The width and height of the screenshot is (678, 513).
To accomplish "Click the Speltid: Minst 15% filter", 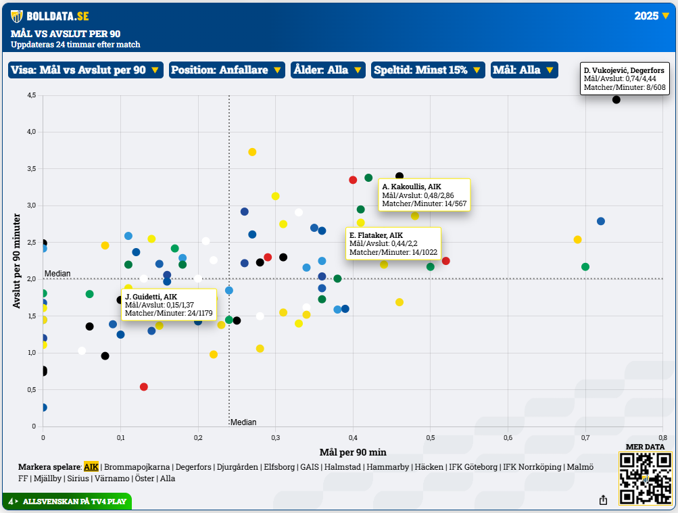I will click(x=427, y=70).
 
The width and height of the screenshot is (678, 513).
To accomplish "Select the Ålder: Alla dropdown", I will click(x=328, y=70).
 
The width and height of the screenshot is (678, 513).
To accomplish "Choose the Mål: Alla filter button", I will click(x=524, y=70).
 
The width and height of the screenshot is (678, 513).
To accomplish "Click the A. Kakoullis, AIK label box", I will click(x=424, y=195).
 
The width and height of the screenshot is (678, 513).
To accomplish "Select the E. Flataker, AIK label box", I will click(x=393, y=244).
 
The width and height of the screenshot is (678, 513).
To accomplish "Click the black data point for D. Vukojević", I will click(x=616, y=100).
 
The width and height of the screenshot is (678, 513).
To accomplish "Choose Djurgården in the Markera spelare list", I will click(x=239, y=467).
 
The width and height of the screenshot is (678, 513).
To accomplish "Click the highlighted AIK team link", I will click(x=91, y=467).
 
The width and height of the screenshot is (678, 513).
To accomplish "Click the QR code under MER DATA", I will click(x=646, y=479).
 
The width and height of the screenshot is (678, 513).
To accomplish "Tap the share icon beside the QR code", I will click(x=602, y=500).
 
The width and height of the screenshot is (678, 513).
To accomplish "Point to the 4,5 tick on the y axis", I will click(x=31, y=96).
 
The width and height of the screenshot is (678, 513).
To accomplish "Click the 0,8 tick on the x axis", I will click(x=662, y=438).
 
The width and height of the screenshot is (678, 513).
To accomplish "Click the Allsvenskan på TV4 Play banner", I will click(x=67, y=502).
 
